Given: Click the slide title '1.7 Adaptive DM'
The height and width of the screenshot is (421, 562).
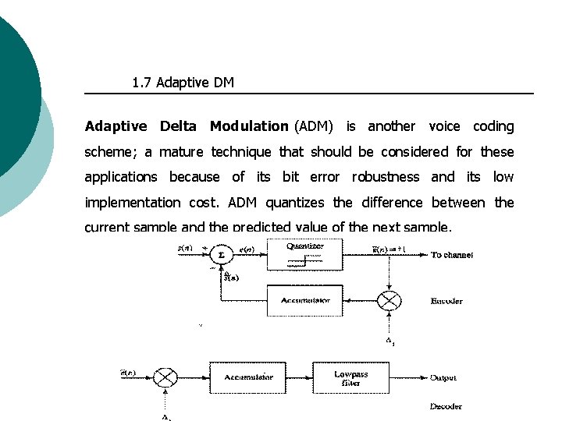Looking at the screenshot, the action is coord(183,83).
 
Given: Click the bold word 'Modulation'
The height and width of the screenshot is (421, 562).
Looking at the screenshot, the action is coord(249,126).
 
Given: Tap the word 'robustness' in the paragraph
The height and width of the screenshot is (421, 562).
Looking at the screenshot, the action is coord(386,177).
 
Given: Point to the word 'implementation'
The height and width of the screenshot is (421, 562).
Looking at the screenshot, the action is coord(132,203).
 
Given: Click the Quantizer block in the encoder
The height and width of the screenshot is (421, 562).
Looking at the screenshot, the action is coord(304,255).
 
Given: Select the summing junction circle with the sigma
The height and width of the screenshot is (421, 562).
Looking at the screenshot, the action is coord(222,255).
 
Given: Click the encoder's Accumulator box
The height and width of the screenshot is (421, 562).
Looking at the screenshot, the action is coord(304,300).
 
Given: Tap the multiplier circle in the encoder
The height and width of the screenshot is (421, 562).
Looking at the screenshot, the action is coord(389,300).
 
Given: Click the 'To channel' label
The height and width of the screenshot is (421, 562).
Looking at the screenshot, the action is coord(452,255).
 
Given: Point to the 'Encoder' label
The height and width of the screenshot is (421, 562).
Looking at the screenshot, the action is coord(446,301).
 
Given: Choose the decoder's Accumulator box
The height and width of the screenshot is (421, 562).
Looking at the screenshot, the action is coord(248,377).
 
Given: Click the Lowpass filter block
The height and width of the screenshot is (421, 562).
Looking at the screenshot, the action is coord(350,378).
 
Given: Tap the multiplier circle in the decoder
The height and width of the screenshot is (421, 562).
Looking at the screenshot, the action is coord(165,377).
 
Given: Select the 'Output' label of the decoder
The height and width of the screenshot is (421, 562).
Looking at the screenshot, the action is coord(443,378).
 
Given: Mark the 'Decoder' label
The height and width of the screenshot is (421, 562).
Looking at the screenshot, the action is coord(446,406).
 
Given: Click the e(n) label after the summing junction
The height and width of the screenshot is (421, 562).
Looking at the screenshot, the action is coord(246,249).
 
